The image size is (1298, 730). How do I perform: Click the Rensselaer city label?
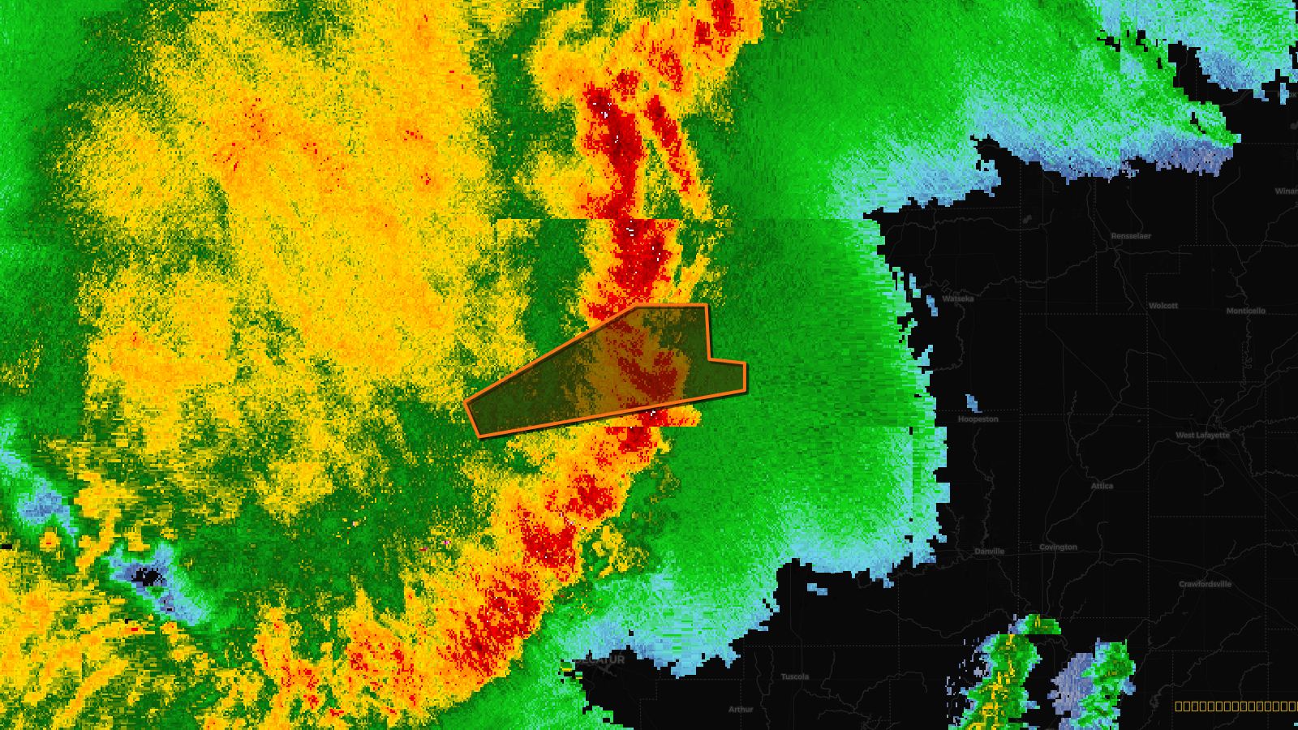pyautogui.click(x=1131, y=236)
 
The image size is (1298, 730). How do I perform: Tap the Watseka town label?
pyautogui.click(x=958, y=298)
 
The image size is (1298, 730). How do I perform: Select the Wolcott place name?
pyautogui.click(x=1163, y=306)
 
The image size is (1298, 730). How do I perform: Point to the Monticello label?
pyautogui.click(x=1245, y=311)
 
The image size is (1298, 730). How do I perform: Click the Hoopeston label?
pyautogui.click(x=978, y=419)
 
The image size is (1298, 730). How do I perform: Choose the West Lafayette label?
pyautogui.click(x=1202, y=436)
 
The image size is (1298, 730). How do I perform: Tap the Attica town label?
pyautogui.click(x=1102, y=486)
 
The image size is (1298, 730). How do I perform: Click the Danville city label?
pyautogui.click(x=989, y=552)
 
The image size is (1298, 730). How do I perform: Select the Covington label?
pyautogui.click(x=1058, y=547)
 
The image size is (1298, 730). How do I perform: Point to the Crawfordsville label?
pyautogui.click(x=1205, y=584)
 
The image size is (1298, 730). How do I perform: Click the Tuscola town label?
pyautogui.click(x=795, y=676)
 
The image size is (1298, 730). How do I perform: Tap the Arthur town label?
pyautogui.click(x=741, y=709)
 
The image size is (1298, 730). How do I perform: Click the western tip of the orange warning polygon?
pyautogui.click(x=467, y=403)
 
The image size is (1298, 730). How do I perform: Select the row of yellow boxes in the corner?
pyautogui.click(x=1236, y=706)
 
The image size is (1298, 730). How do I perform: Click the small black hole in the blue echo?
pyautogui.click(x=149, y=577)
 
